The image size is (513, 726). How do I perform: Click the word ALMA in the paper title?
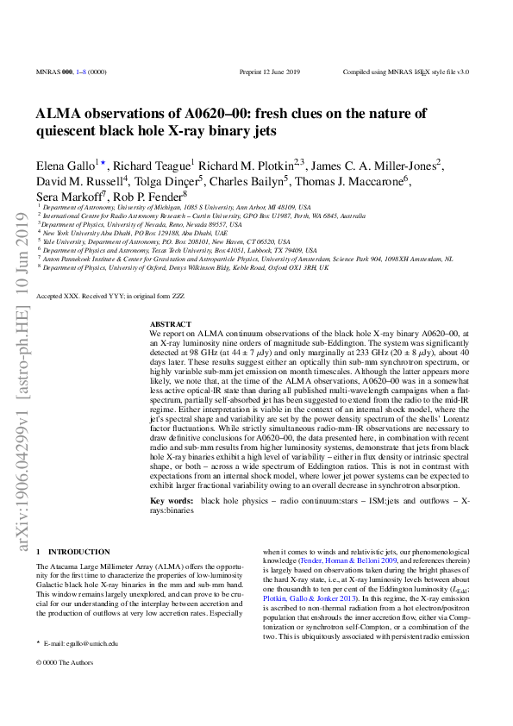click(59, 113)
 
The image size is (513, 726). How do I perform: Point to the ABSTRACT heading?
click(166, 323)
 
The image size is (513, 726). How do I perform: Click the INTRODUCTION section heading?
click(83, 551)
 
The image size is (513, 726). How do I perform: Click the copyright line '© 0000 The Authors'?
click(64, 661)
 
